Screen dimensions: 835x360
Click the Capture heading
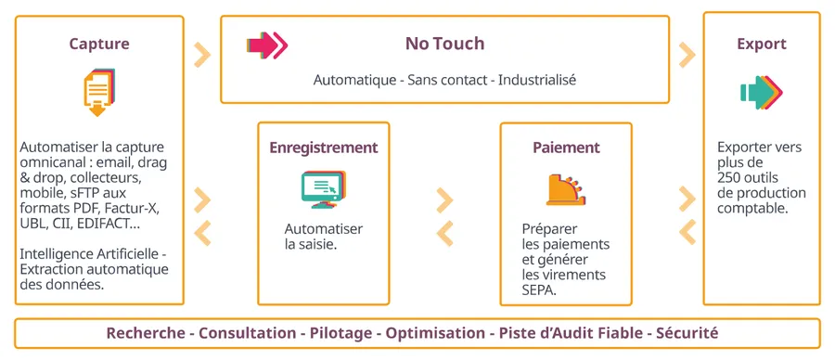click(x=99, y=44)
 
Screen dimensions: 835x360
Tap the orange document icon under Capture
click(x=99, y=92)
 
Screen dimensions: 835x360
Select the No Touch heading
click(x=444, y=44)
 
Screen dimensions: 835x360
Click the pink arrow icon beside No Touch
click(x=267, y=45)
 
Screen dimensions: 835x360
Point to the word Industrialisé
click(x=537, y=81)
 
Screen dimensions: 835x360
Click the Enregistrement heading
click(x=324, y=148)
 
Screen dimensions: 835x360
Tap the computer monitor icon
click(x=324, y=189)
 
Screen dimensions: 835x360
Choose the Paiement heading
click(x=566, y=148)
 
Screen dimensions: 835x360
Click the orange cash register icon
click(x=566, y=189)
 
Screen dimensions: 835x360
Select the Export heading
click(x=762, y=44)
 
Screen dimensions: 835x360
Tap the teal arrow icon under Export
click(x=762, y=92)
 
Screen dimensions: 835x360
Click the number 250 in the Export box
click(x=728, y=177)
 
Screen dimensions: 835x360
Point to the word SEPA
click(x=537, y=290)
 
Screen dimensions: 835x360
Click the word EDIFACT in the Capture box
click(x=103, y=224)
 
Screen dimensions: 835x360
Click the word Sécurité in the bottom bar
click(x=687, y=333)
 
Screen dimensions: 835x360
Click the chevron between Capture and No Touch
click(x=202, y=55)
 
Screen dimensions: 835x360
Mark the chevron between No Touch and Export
click(x=687, y=55)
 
